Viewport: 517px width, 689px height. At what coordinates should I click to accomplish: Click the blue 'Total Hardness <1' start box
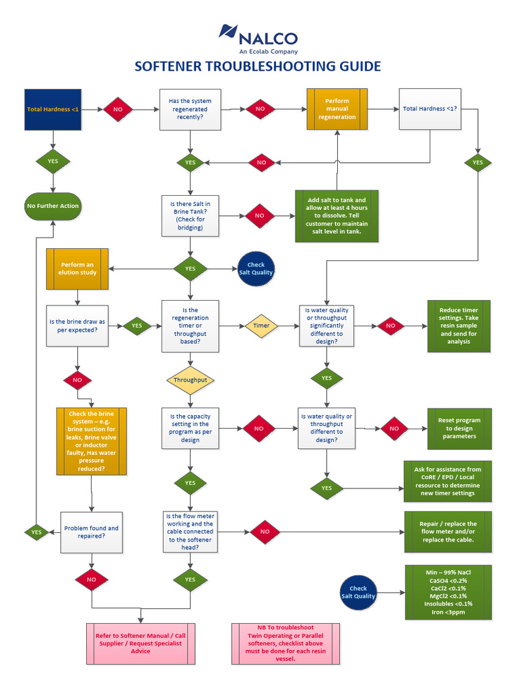coord(53,109)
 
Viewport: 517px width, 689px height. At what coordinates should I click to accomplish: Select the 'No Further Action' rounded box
coord(53,206)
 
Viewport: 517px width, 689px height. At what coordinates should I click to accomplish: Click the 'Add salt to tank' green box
coord(337,216)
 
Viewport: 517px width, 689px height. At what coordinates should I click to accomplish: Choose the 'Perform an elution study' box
coord(77,268)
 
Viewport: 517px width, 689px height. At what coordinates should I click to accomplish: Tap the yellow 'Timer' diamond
coord(261,325)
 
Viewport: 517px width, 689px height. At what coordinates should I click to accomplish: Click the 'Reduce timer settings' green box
coord(458,326)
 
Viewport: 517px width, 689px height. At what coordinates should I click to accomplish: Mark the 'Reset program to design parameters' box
coord(458,429)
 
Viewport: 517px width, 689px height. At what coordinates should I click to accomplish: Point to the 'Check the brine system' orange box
coord(91,440)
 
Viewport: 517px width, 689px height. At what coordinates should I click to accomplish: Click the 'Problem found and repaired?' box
coord(92,532)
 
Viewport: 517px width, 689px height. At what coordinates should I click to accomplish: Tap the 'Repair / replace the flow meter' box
coord(448,532)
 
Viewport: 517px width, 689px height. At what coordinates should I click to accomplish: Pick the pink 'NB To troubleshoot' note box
coord(285,643)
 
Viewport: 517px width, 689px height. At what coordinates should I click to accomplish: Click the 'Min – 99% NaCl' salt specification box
coord(448,592)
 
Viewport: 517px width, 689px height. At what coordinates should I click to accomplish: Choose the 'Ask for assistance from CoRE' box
coord(448,481)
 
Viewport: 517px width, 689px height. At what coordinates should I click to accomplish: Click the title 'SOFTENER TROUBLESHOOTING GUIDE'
coord(258,66)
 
